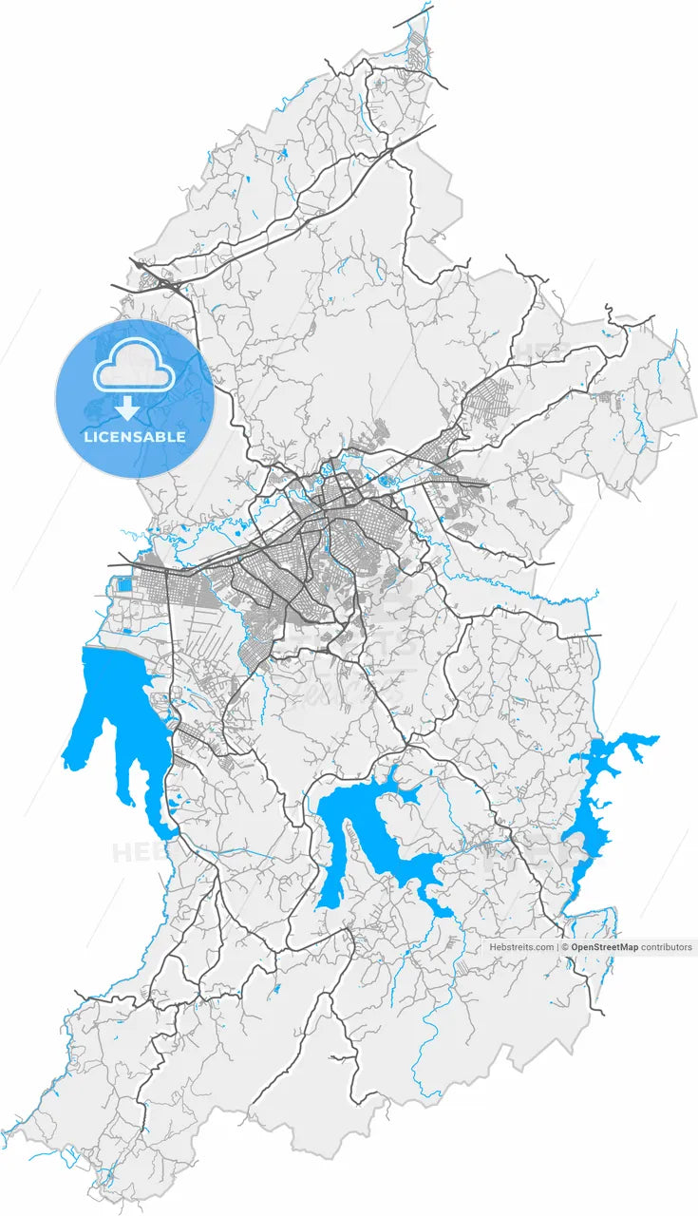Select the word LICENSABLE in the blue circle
click(x=134, y=437)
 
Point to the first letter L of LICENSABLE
click(x=87, y=437)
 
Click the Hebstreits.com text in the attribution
click(x=521, y=947)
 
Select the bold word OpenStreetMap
click(x=604, y=947)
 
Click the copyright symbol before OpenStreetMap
click(x=564, y=947)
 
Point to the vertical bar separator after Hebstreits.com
click(x=557, y=947)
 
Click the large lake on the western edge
click(x=114, y=703)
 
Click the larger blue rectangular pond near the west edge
click(x=124, y=585)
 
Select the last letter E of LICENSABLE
click(x=181, y=437)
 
